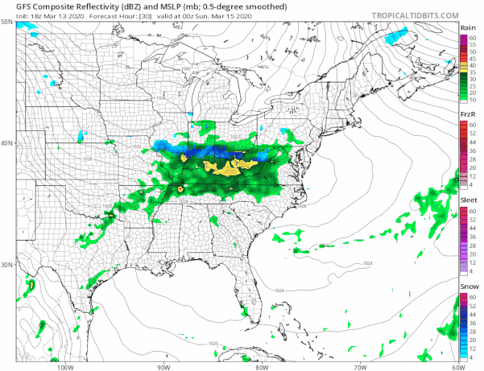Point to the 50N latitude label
coord(7,23)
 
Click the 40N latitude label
coord(7,144)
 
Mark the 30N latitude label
coord(7,265)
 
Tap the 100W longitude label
coord(66,367)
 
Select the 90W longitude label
coord(163,367)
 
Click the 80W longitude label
coord(261,367)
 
